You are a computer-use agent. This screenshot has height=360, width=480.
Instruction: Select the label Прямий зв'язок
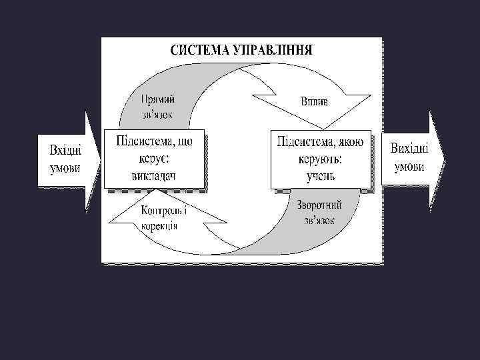click(x=158, y=107)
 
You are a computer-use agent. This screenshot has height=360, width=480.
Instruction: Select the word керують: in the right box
click(x=320, y=161)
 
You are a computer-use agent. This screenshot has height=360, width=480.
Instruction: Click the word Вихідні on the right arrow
click(x=409, y=148)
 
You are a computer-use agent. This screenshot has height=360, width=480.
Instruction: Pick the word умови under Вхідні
click(x=65, y=166)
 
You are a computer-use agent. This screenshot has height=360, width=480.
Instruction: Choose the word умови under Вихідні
click(x=409, y=165)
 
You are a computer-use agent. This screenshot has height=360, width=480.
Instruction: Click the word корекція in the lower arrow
click(x=159, y=225)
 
